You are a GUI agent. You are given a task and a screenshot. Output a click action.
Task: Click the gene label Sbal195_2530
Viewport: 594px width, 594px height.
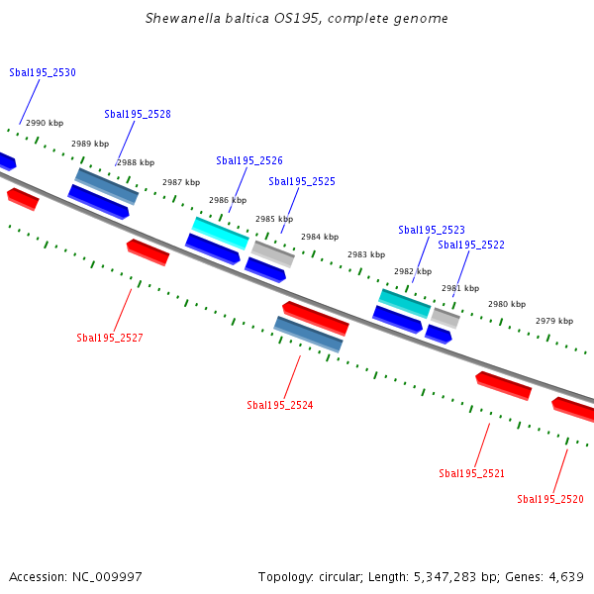[43, 72]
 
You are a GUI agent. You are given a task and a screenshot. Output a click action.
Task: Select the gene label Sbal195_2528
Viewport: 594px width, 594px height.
[138, 114]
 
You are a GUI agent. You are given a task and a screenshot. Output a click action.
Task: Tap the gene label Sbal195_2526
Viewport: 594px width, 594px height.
[249, 160]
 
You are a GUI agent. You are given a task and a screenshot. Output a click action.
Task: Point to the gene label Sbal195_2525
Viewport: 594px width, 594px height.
[302, 181]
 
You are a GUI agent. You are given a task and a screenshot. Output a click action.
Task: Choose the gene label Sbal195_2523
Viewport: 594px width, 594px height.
[432, 230]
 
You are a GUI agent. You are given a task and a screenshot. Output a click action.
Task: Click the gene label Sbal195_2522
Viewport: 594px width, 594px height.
[471, 245]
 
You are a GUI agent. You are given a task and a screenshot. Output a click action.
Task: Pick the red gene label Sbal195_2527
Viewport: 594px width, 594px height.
[110, 338]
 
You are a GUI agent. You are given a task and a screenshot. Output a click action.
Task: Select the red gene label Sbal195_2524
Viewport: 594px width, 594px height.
[280, 405]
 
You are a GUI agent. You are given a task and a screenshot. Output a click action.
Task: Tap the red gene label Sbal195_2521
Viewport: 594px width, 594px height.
[472, 473]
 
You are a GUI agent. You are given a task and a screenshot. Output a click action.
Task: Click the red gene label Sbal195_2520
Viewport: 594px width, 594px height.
[550, 499]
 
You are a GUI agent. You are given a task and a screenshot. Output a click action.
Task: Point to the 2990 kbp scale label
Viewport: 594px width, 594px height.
[45, 123]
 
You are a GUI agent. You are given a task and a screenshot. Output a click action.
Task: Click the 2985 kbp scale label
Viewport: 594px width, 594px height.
[274, 219]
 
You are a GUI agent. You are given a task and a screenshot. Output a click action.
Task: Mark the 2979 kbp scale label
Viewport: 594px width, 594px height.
[554, 321]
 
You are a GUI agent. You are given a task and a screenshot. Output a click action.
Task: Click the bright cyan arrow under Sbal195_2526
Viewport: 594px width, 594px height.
[221, 234]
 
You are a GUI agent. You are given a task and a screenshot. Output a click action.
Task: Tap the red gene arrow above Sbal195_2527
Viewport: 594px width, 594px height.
[148, 251]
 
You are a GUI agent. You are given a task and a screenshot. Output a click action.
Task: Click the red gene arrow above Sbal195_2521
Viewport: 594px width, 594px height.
[503, 385]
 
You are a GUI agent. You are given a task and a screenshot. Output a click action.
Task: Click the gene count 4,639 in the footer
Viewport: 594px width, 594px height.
[563, 576]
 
